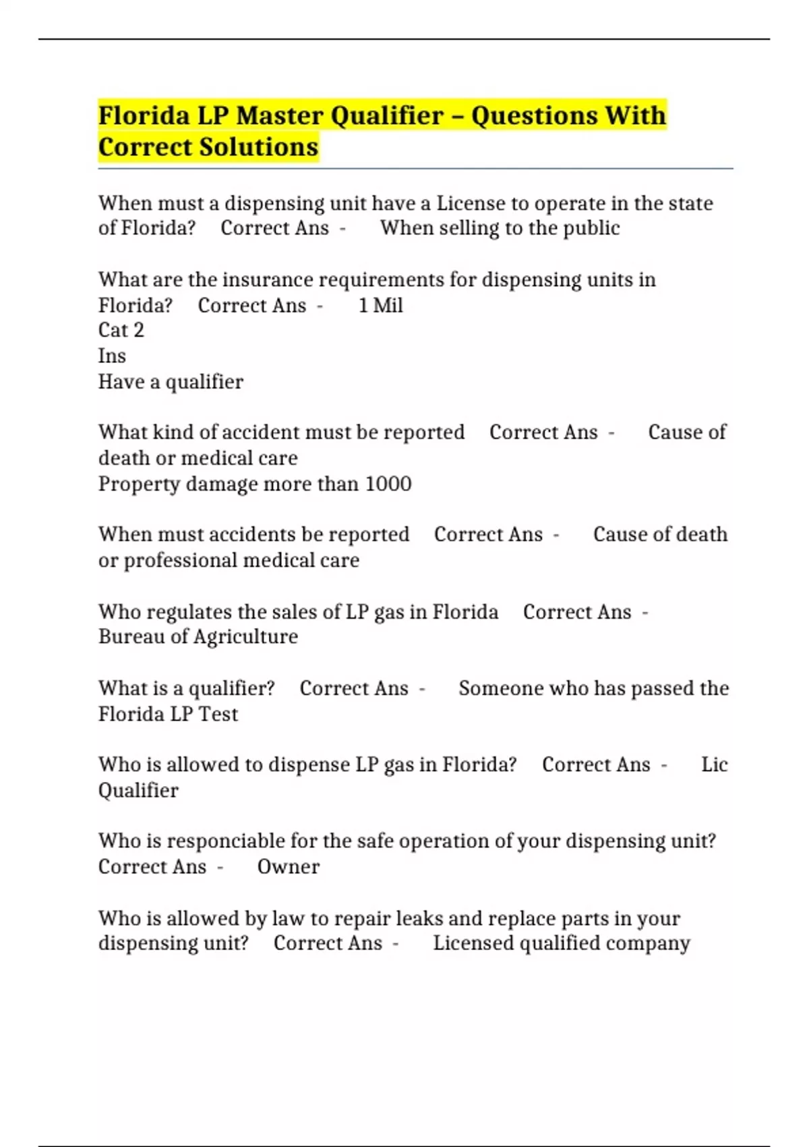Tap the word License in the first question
[x=471, y=203]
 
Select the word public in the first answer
[x=591, y=228]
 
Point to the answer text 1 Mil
[x=380, y=306]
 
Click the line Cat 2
[x=121, y=330]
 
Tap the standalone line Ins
[x=112, y=356]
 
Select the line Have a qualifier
[x=171, y=382]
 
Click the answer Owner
[x=288, y=866]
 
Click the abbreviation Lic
[x=714, y=764]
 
